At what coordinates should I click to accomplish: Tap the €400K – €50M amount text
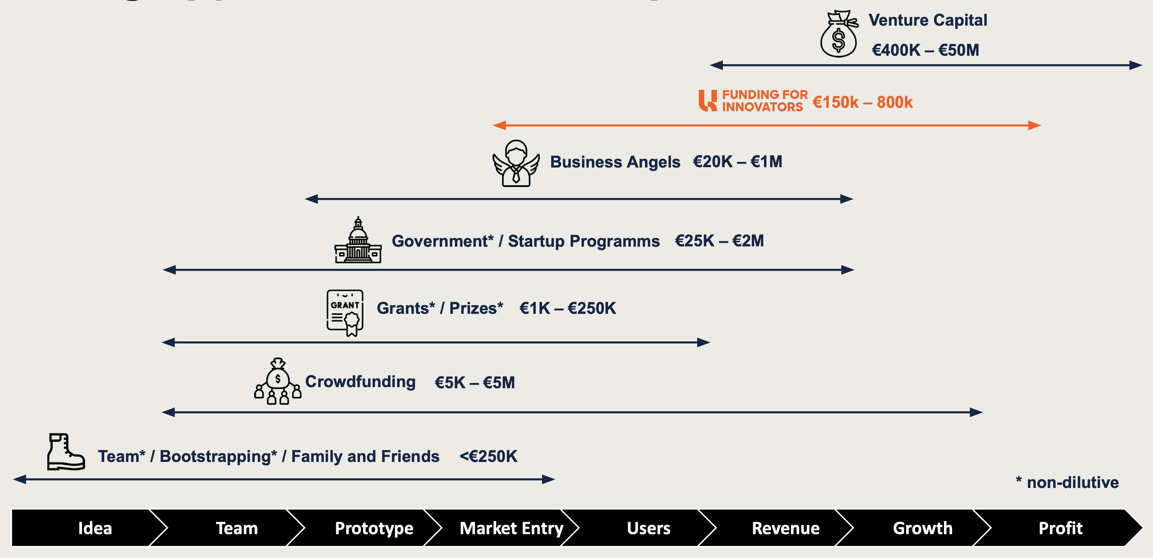(925, 50)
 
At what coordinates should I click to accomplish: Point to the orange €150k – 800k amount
(862, 103)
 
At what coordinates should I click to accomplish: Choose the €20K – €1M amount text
(737, 162)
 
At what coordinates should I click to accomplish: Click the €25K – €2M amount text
(719, 241)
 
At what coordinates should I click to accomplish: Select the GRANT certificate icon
(345, 312)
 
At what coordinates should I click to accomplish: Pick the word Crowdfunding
(360, 382)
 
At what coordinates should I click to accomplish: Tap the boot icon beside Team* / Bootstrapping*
(66, 452)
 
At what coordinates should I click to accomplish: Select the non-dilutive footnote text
(1067, 482)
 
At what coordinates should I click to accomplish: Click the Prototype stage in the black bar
(374, 528)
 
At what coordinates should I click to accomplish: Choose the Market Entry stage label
(511, 528)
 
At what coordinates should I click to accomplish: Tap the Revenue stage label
(786, 528)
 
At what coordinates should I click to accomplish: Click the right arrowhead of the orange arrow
(1035, 125)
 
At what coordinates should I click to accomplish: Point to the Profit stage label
(1060, 528)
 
